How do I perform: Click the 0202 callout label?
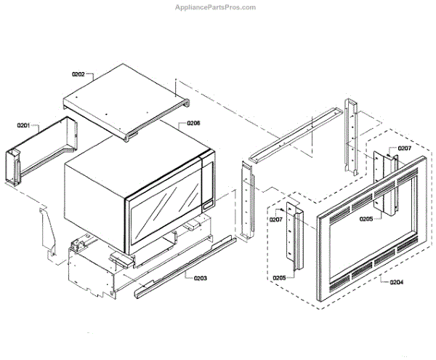coord(78,74)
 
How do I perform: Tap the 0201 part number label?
coord(23,127)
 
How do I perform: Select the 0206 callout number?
coord(193,124)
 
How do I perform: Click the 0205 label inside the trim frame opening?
coord(365,217)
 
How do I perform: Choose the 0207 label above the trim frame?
coord(404,148)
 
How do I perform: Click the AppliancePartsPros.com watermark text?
coord(217,7)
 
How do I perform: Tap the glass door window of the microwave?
coord(166,210)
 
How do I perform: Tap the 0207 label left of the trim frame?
coord(276,219)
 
